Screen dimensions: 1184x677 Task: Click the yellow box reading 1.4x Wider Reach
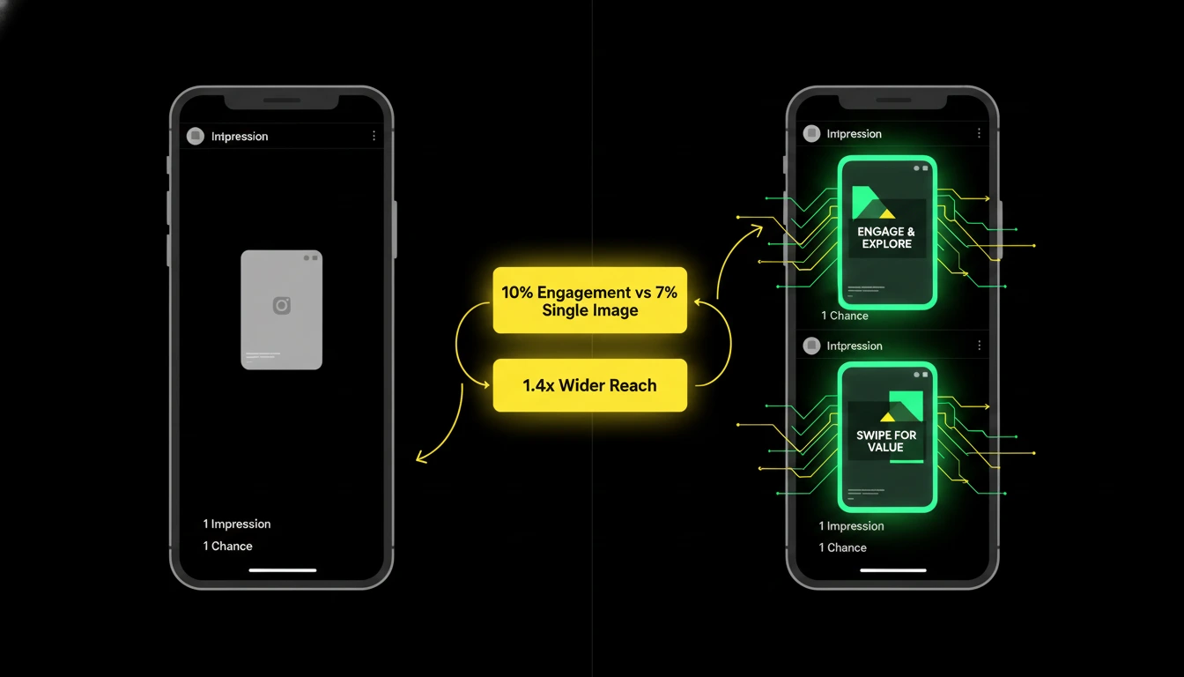coord(590,385)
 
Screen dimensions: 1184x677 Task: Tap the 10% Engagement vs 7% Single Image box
coord(590,301)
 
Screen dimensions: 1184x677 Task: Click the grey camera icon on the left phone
coord(282,306)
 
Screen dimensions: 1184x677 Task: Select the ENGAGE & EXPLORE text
coord(886,237)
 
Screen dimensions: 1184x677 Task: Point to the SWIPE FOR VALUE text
coord(886,441)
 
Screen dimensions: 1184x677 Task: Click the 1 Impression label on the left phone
coord(237,524)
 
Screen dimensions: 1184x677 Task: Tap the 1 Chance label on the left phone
coord(228,546)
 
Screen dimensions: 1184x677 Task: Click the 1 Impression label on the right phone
coord(851,525)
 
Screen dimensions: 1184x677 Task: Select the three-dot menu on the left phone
coord(374,136)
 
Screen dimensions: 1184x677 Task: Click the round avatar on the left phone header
coord(196,136)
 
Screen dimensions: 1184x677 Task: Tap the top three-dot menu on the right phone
coord(979,133)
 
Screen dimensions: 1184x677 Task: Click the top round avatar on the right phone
coord(812,133)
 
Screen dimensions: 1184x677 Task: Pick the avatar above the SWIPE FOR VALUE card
coord(812,346)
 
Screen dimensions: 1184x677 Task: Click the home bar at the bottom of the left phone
coord(283,570)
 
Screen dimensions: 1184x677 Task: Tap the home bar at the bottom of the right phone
coord(893,570)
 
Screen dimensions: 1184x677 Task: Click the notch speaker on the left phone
coord(282,100)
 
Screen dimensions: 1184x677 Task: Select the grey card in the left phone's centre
coord(282,310)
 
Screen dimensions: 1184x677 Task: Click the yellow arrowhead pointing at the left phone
coord(421,458)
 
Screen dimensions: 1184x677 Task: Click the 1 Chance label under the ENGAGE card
coord(845,316)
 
